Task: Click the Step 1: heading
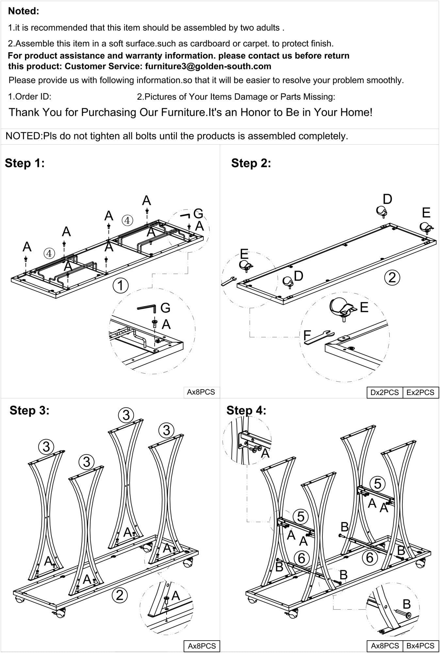point(24,163)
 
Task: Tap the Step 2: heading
point(251,163)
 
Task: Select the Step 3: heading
point(29,410)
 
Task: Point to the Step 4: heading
point(246,410)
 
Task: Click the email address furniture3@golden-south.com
point(208,66)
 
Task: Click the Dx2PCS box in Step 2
point(384,392)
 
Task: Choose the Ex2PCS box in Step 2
point(420,392)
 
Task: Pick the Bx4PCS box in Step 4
point(420,645)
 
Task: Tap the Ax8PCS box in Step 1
point(201,392)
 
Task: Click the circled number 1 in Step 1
point(121,286)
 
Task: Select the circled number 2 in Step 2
point(392,277)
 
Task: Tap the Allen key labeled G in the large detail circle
point(147,308)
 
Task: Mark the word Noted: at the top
point(24,11)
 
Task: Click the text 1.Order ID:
point(30,97)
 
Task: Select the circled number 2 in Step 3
point(120,595)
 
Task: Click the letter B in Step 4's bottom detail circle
point(406,604)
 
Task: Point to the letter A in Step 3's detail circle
point(175,596)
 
